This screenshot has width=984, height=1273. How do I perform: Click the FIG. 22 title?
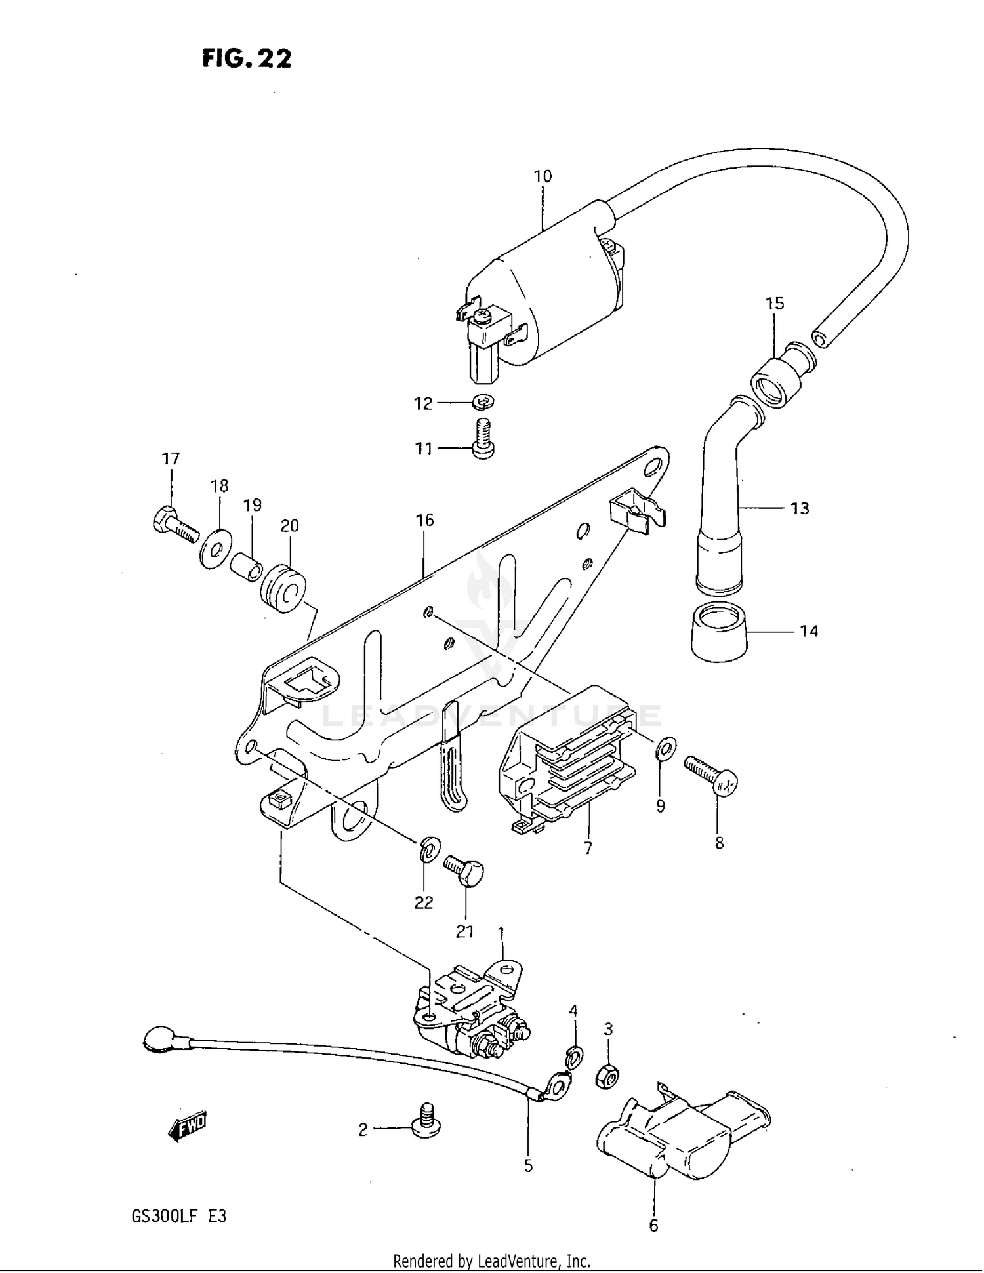coord(247,58)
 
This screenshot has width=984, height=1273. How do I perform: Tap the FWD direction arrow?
coord(187,1126)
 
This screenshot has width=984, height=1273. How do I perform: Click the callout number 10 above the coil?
coord(543,176)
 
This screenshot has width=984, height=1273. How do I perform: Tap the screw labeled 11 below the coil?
coord(483,440)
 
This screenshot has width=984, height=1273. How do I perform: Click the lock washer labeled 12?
coord(483,401)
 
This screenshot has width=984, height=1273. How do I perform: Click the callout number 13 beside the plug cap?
coord(800,508)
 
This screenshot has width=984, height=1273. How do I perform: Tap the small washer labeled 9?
coord(666,748)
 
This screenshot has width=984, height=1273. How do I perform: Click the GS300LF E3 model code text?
coord(179,1217)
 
